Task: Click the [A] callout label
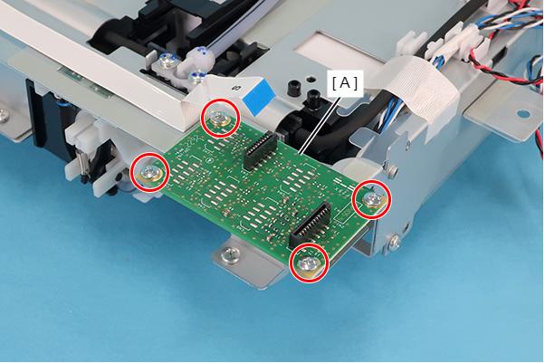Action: (344, 83)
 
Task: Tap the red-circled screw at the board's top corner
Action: (220, 118)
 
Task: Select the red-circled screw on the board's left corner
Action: (149, 172)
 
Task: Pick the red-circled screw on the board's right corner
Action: (373, 199)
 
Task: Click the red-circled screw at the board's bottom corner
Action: (308, 263)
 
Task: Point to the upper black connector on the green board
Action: (260, 150)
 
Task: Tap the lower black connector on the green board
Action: (311, 224)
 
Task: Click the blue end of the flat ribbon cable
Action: (259, 97)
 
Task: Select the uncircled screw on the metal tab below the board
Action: (230, 254)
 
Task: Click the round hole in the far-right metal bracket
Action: (522, 114)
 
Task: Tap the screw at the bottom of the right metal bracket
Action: (394, 242)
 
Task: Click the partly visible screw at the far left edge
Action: (4, 115)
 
